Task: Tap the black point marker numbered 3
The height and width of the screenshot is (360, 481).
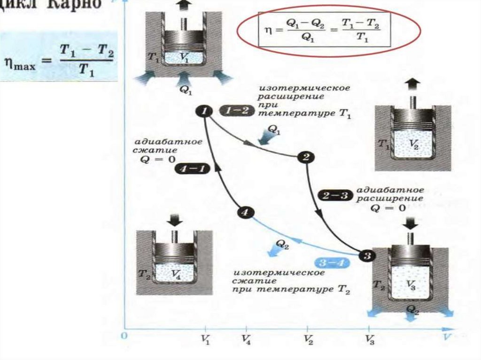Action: (x=367, y=256)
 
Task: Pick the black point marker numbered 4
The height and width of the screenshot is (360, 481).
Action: (x=244, y=212)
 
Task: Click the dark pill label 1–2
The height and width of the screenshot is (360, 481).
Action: (x=233, y=111)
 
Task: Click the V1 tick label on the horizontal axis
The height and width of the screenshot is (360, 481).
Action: (x=205, y=339)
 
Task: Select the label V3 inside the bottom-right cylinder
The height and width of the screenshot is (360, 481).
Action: (x=411, y=284)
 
